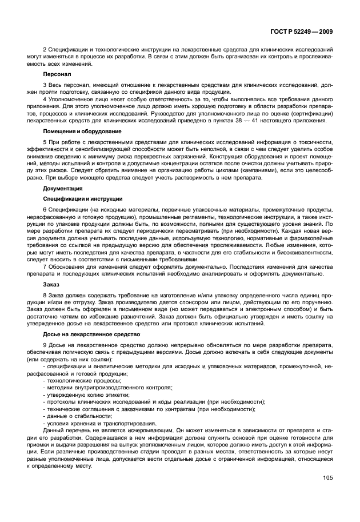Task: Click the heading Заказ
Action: [51, 284]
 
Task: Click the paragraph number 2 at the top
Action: [45, 50]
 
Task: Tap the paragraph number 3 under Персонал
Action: [45, 85]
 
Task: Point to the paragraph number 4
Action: [45, 99]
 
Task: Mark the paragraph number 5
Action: [45, 142]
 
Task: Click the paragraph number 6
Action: [45, 210]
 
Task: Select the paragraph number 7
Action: [45, 266]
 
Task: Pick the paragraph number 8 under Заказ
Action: [45, 294]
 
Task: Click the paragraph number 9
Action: [45, 345]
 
